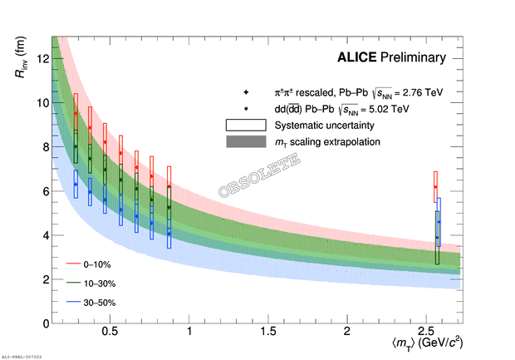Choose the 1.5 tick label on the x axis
pyautogui.click(x=268, y=332)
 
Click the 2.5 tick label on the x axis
pyautogui.click(x=424, y=332)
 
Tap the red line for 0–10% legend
pyautogui.click(x=72, y=264)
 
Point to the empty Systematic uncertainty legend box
pyautogui.click(x=246, y=125)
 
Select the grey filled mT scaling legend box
pyautogui.click(x=246, y=142)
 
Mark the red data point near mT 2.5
pyautogui.click(x=435, y=187)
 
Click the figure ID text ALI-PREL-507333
pyautogui.click(x=33, y=355)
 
